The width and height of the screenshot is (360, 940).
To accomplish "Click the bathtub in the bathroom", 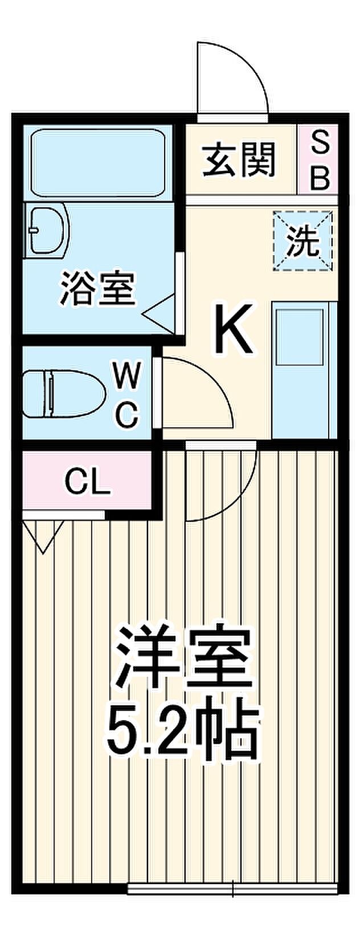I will [97, 163].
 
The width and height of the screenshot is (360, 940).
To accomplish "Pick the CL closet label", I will [87, 483].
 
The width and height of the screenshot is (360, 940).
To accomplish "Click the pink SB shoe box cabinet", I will [320, 160].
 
